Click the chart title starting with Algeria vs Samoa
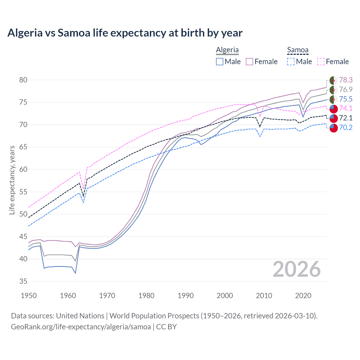125,33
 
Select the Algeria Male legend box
220,62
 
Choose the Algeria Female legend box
249,62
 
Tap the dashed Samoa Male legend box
291,62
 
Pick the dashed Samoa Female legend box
321,62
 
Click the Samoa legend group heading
298,50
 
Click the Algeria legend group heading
227,50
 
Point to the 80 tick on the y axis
23,80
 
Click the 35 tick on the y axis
23,281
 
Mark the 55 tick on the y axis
23,192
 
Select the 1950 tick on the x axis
29,296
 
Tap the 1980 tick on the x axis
146,296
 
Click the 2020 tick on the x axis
303,296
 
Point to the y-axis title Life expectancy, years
12,180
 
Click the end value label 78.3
346,80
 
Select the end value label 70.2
346,128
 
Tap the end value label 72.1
346,118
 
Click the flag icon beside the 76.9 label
333,90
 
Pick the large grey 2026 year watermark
296,269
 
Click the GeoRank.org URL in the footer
81,327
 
